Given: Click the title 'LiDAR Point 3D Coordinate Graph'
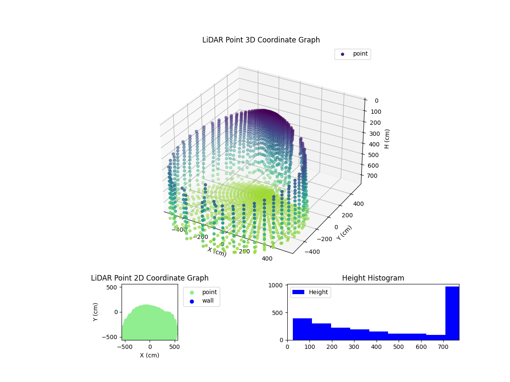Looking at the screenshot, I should tap(261, 40).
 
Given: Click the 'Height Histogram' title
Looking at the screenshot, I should tap(373, 278).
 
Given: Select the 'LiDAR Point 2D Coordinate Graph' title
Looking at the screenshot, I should tap(150, 278).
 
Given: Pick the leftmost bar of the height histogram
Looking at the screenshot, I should tap(302, 329).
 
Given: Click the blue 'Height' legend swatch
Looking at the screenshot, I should tap(298, 292).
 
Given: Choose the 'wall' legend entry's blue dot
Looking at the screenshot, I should tap(192, 301).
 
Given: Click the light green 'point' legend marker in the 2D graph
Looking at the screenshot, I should tap(192, 292).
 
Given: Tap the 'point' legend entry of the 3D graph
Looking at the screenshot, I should tap(343, 54).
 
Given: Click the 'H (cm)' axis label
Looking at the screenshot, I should tap(387, 139).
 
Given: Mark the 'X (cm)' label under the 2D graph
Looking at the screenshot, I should tap(150, 355).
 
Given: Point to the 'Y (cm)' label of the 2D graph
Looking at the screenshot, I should tap(96, 312).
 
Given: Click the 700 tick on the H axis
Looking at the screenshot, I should tap(374, 176).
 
